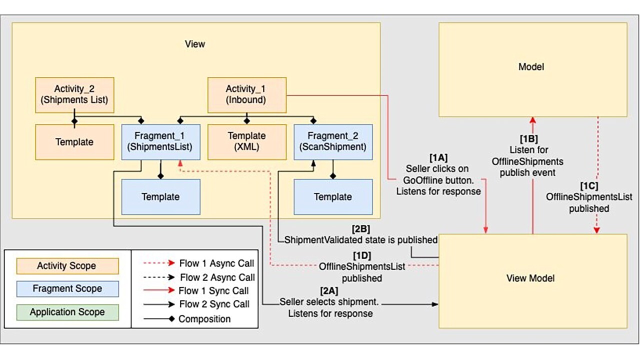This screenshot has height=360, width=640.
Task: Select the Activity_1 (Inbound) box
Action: pos(246,94)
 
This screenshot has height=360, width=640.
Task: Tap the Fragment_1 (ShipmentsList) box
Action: pos(160,141)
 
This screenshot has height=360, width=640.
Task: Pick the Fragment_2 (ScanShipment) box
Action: pos(333,141)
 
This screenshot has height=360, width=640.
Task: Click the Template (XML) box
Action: pos(246,141)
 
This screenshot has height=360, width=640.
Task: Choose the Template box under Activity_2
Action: pos(74,142)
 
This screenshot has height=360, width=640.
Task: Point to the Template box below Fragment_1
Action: pos(160,196)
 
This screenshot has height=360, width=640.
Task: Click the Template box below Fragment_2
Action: pos(333,196)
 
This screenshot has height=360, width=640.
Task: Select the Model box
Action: pos(532,67)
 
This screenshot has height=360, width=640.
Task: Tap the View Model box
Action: pos(532,278)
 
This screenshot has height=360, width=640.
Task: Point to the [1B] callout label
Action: pos(528,139)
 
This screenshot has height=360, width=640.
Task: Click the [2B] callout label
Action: pos(360,229)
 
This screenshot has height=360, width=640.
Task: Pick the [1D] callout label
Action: pos(361,255)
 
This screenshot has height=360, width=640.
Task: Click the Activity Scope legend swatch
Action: pos(66,266)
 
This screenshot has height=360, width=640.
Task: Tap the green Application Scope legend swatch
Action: pos(67,312)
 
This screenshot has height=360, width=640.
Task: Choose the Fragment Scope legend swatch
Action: pos(67,289)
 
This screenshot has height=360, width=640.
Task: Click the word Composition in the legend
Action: pos(204,319)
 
